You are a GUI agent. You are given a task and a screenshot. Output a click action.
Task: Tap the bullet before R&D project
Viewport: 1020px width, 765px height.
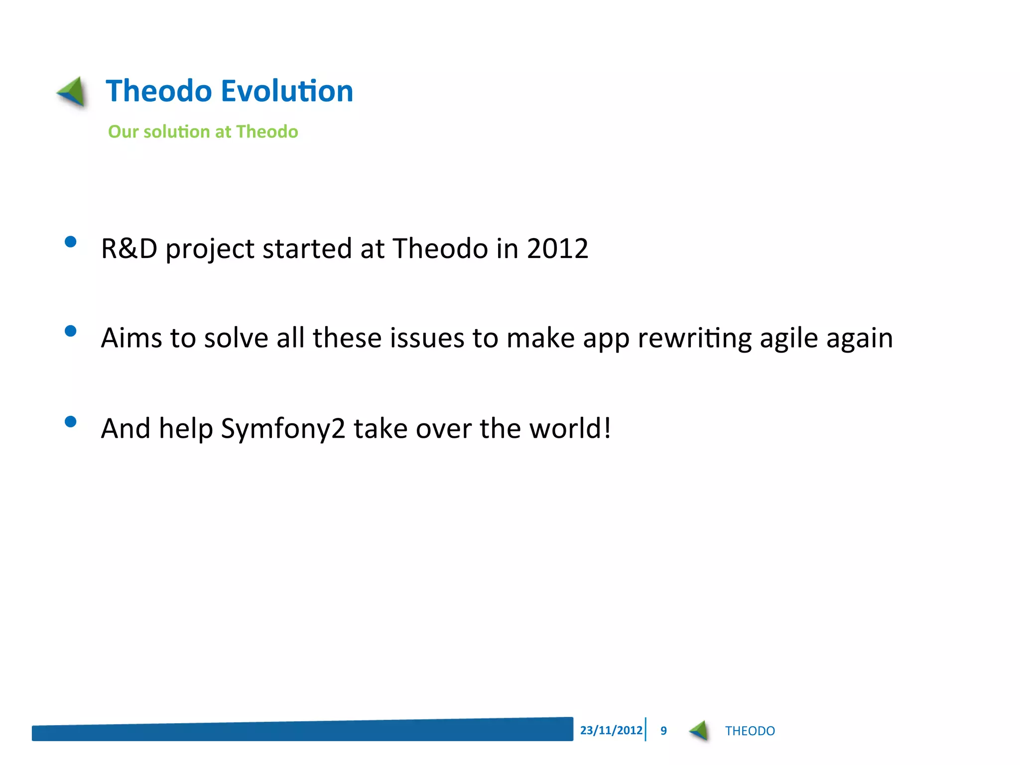click(71, 242)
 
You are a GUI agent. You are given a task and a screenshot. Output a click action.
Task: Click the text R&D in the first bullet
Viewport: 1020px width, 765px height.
click(129, 249)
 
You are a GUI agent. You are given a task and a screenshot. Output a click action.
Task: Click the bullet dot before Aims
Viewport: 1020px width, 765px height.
click(71, 331)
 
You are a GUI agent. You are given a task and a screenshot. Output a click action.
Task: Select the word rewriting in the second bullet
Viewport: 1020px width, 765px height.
click(694, 339)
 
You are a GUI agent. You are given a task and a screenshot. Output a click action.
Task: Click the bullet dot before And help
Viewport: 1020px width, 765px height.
click(71, 422)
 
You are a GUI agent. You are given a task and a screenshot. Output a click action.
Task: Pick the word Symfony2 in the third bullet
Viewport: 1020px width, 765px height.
click(283, 429)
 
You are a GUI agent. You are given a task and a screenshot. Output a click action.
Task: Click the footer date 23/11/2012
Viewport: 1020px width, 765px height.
click(611, 731)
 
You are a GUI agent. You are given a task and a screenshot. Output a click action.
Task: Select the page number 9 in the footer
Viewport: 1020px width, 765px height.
click(663, 731)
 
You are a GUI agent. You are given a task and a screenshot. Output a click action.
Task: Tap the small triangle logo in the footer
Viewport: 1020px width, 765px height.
click(699, 731)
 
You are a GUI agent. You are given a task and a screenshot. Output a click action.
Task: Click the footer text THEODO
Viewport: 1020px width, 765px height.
click(750, 731)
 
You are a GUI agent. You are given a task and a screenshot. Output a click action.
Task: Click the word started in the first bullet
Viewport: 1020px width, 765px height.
click(307, 249)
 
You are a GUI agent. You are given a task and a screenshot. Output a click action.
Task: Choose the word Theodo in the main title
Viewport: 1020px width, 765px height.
click(159, 91)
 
